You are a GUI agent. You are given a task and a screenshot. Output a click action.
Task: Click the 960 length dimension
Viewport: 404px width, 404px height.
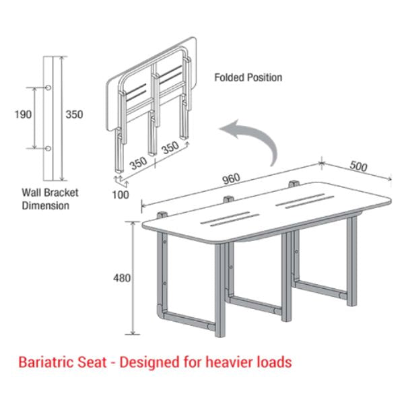point(232,179)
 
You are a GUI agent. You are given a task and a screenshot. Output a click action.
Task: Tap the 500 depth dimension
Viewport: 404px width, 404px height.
point(358,166)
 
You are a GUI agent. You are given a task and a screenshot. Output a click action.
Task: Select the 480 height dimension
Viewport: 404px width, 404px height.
point(122,278)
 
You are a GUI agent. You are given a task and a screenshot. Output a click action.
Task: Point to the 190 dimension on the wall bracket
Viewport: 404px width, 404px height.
point(23,114)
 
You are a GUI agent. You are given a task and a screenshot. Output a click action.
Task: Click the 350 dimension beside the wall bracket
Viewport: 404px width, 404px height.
point(74,114)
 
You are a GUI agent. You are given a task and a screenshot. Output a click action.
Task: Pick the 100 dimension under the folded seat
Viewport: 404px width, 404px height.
point(121,195)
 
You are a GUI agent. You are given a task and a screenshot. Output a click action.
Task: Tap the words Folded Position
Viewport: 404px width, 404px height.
point(248,77)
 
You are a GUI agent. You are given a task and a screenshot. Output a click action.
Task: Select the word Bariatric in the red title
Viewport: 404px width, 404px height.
point(46,362)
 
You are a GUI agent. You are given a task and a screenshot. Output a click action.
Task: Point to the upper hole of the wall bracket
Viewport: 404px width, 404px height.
point(48,88)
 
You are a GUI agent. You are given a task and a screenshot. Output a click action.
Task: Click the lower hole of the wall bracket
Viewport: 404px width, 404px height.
point(48,149)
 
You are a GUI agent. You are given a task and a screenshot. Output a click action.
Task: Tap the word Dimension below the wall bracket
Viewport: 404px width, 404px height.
point(46,205)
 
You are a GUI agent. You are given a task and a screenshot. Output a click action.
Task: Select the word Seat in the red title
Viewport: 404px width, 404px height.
point(92,362)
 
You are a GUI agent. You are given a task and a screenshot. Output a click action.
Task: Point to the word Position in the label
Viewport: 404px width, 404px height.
point(265,77)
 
